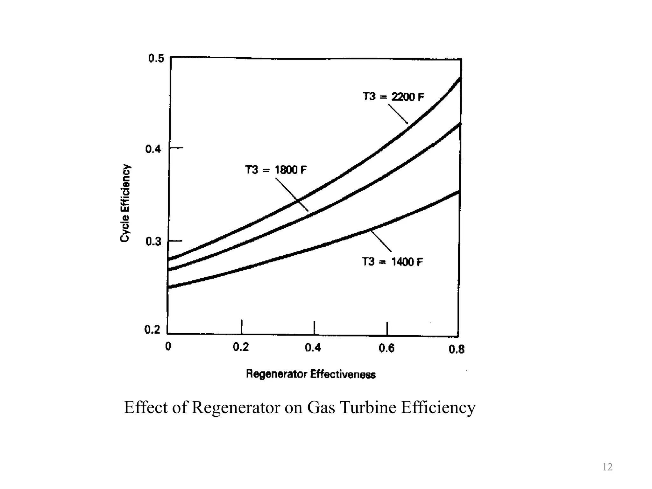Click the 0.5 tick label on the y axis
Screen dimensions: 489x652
coord(156,59)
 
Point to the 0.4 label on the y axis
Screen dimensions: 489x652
coord(153,149)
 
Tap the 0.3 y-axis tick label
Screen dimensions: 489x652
coord(153,242)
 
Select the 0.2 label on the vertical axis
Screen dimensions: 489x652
coord(152,330)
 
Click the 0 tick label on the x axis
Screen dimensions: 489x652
coord(168,346)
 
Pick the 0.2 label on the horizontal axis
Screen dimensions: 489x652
coord(241,347)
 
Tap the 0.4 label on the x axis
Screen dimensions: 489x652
coord(313,348)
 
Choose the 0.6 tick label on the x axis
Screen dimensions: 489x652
coord(386,348)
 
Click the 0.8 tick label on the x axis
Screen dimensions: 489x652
coord(457,350)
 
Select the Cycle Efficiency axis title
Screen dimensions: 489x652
coord(125,203)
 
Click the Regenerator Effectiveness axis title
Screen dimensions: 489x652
coord(311,374)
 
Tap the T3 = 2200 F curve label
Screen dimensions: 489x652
coord(393,96)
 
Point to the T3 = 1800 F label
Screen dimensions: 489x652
coord(276,170)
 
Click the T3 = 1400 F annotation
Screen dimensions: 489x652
coord(392,262)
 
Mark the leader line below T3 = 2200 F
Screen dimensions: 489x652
coord(398,114)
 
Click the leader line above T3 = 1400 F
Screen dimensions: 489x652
coord(381,241)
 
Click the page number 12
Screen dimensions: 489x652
coord(607,467)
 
